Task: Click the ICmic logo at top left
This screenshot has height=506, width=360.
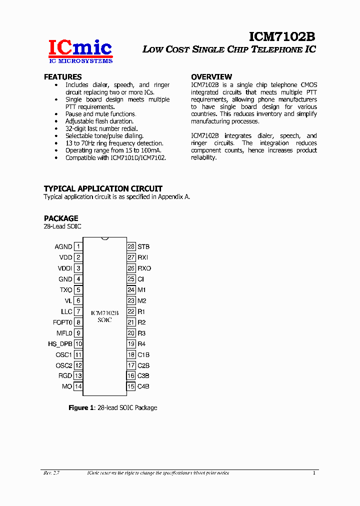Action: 80,51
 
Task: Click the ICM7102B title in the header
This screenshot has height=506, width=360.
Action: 282,37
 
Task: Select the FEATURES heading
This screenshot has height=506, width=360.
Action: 62,77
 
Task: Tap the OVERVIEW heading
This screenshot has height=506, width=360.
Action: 211,77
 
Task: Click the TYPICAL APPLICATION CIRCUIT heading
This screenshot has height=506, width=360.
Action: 103,188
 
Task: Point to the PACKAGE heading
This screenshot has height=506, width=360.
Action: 61,218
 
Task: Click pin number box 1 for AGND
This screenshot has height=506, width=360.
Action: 78,246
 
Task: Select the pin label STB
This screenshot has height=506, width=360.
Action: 143,246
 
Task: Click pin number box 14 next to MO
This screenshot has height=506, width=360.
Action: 78,386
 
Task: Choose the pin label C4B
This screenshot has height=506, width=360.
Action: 143,386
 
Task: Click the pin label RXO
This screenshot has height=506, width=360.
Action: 144,268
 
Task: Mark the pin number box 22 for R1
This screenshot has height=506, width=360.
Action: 131,311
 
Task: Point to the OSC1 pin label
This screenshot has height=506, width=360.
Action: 64,355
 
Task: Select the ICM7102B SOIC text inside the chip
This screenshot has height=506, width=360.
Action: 104,316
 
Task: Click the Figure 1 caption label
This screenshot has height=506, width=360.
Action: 81,408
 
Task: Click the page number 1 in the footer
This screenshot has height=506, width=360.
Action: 314,473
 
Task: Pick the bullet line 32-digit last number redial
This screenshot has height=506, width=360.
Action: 101,128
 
